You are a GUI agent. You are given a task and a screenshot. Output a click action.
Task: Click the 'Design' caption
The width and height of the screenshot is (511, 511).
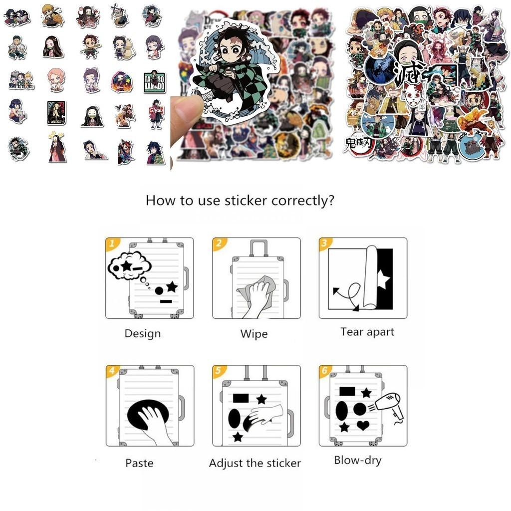[143, 333]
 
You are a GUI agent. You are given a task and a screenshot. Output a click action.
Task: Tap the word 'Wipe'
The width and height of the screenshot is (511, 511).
[254, 334]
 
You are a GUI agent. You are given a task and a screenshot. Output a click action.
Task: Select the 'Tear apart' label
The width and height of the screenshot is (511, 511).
[367, 332]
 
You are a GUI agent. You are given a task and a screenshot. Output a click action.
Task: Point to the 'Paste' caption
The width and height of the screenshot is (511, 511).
[139, 463]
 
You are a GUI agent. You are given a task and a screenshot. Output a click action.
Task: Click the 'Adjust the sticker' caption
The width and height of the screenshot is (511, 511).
[255, 463]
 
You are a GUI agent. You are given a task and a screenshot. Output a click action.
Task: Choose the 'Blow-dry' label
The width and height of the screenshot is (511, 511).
[357, 460]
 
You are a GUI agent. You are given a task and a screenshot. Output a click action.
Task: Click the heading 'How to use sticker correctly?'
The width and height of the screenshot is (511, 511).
[240, 201]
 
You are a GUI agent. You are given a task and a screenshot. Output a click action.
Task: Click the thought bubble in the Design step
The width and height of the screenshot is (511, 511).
[129, 265]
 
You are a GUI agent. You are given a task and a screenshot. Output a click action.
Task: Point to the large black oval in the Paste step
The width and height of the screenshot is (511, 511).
[147, 414]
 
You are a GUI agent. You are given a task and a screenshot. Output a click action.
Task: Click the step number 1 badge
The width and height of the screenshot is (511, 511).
[113, 244]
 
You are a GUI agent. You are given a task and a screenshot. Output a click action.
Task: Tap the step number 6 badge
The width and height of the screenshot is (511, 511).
[325, 371]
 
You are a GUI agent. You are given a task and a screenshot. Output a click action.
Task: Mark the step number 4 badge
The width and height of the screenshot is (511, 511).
[112, 371]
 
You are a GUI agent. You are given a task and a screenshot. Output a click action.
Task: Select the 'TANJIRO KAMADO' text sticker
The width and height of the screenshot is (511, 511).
[155, 82]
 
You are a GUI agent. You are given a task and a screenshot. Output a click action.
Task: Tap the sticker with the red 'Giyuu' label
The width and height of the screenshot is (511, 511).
[155, 113]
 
